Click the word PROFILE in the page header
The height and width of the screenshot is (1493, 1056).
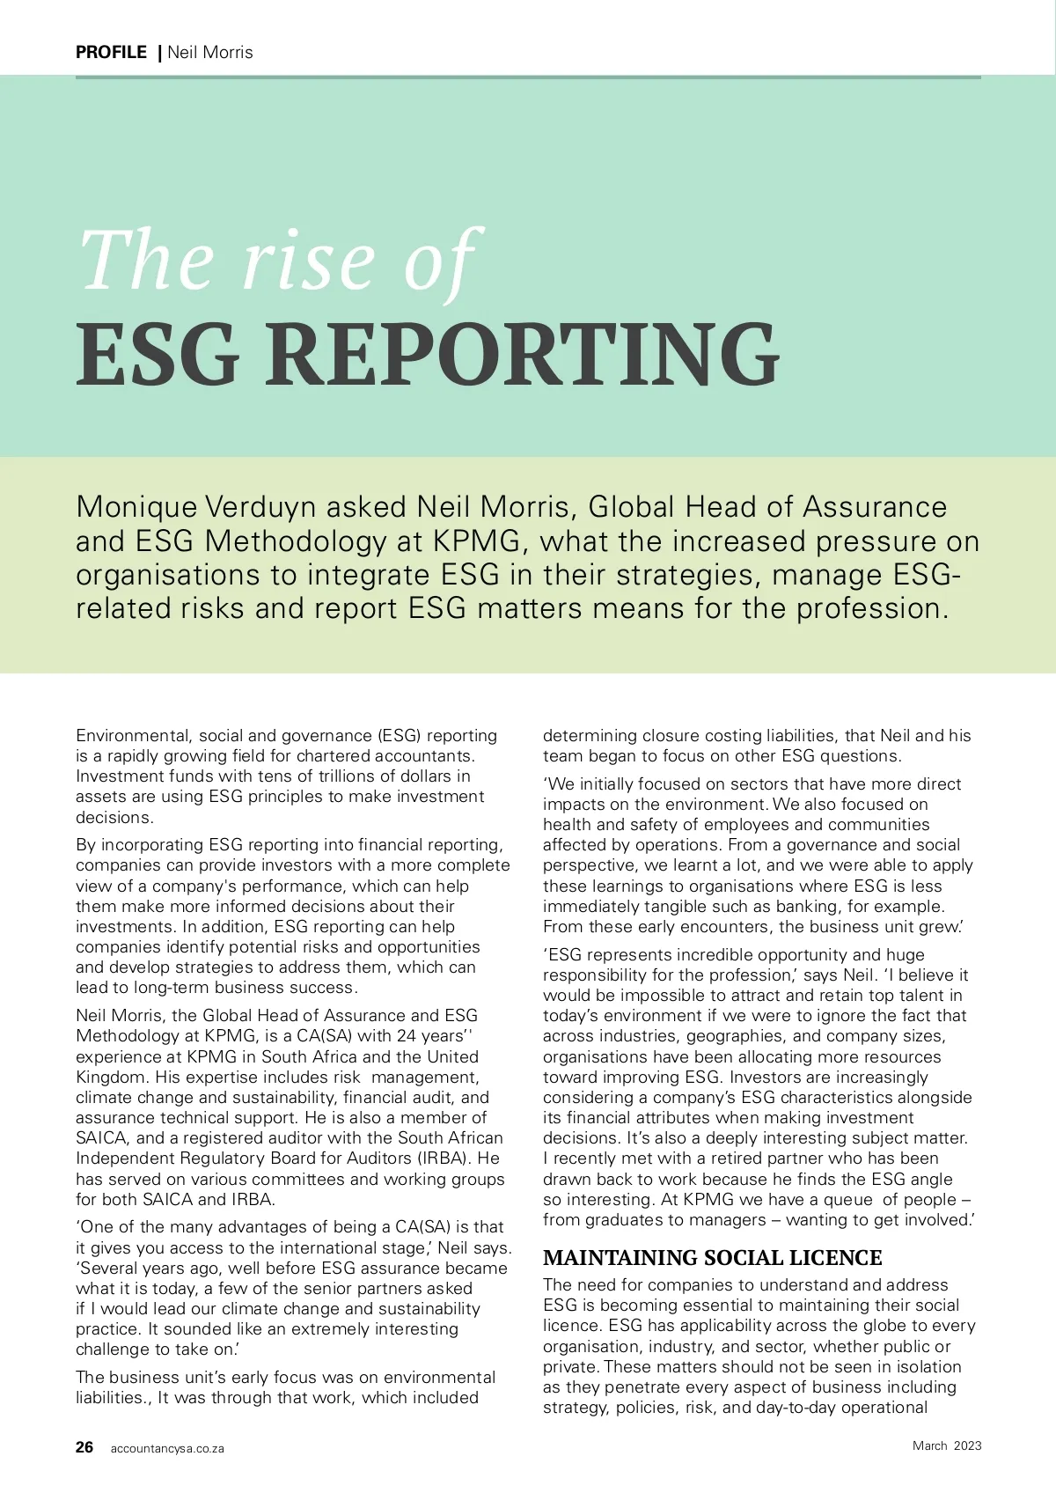pos(111,52)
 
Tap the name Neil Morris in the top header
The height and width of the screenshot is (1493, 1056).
pos(210,52)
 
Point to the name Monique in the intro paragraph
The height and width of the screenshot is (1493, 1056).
pos(136,507)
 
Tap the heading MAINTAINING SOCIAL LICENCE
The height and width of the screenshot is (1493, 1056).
pos(712,1258)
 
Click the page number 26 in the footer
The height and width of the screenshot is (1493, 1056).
pos(84,1447)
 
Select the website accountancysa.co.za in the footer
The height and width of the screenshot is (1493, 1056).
pos(167,1448)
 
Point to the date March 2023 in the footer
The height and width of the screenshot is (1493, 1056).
pos(947,1445)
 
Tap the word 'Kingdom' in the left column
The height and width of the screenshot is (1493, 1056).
pos(109,1077)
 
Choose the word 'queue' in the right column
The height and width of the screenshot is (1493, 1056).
pos(848,1200)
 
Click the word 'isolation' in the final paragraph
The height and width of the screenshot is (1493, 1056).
pos(923,1367)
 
